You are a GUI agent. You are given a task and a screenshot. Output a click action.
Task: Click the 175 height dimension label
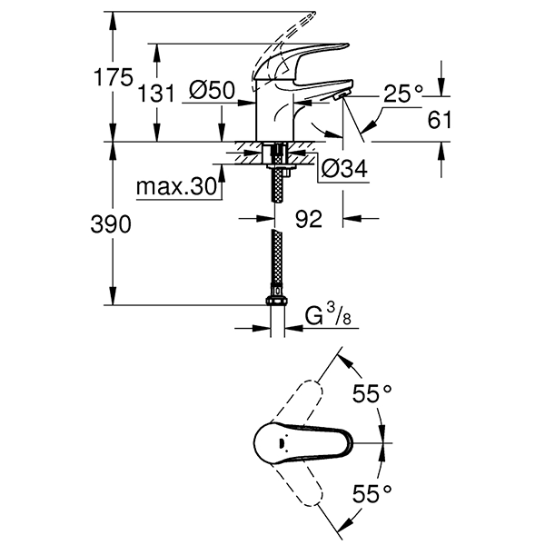point(114,79)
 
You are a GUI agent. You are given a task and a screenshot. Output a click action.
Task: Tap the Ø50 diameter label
point(213,91)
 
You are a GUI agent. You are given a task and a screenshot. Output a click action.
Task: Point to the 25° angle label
point(403,94)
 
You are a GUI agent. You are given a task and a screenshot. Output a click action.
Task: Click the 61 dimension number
point(440,119)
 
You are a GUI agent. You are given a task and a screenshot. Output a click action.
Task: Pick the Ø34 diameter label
point(343,168)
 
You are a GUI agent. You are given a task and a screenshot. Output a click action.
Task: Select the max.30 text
point(176,188)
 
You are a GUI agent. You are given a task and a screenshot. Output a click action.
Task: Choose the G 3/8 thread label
point(325,316)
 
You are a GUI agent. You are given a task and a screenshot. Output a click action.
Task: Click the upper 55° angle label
point(372,393)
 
